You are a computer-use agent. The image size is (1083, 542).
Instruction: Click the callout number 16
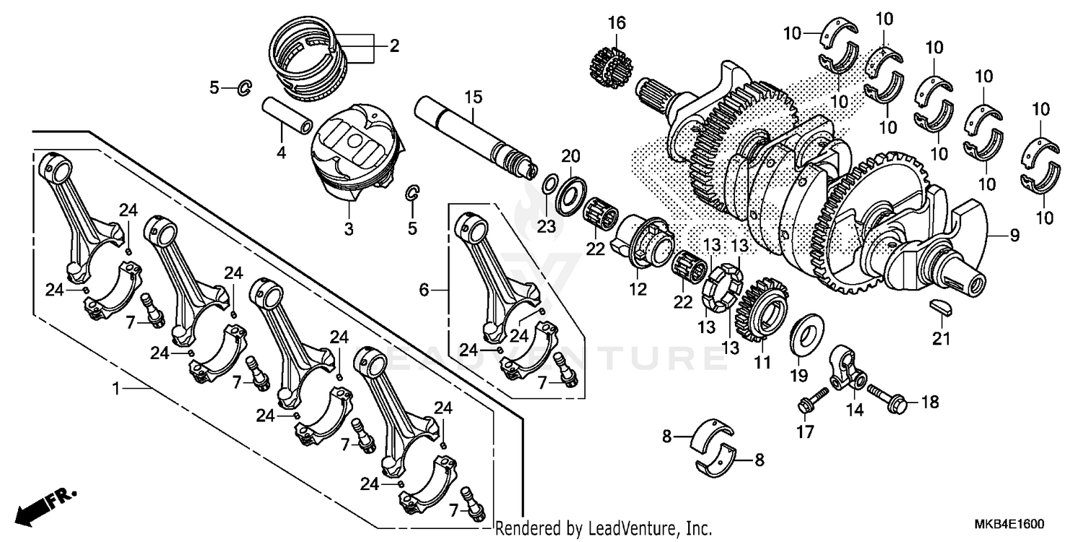(615, 22)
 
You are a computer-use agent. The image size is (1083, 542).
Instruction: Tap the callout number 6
(424, 291)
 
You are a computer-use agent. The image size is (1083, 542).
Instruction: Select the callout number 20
(570, 157)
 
